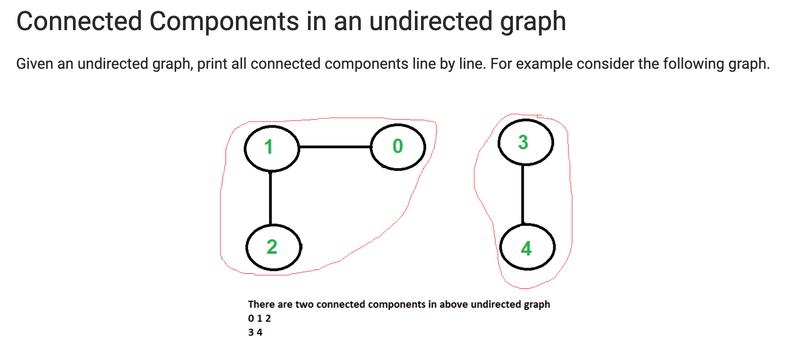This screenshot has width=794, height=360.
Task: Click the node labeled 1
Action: pos(271,148)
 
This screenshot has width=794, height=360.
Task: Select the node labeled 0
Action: pos(398,147)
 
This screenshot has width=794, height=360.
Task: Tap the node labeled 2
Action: pos(274,247)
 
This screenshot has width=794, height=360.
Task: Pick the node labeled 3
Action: pos(525,142)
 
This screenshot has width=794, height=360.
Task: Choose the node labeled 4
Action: pos(527,248)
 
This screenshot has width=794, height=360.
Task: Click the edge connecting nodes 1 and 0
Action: pos(335,147)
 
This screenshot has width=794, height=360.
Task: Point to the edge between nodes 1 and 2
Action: pos(270,198)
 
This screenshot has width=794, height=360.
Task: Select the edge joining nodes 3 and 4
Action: pos(523,194)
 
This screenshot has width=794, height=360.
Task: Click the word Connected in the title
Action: pos(79,22)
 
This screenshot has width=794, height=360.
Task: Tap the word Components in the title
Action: pos(224,22)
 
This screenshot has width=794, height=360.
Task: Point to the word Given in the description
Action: pos(34,64)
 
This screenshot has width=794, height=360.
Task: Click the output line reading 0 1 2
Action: pos(259,318)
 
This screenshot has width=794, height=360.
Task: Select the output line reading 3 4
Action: pos(255,332)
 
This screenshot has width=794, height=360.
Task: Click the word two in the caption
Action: pos(305,304)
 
